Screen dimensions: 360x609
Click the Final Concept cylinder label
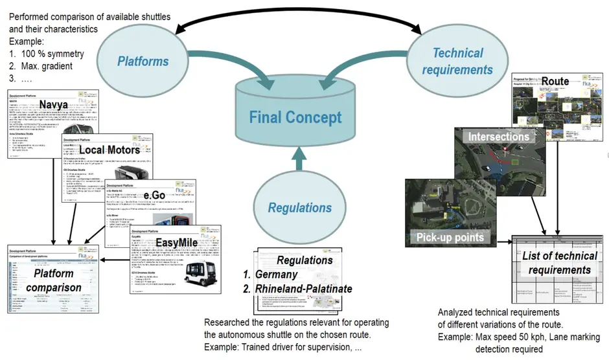tap(296, 118)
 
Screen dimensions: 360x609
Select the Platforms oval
tap(143, 62)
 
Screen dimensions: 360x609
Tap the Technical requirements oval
tap(457, 61)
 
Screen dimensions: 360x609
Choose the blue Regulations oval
tap(300, 207)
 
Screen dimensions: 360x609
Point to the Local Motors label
tap(109, 150)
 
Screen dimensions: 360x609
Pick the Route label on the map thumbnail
tap(555, 82)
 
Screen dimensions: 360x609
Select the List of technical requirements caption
tap(559, 262)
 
